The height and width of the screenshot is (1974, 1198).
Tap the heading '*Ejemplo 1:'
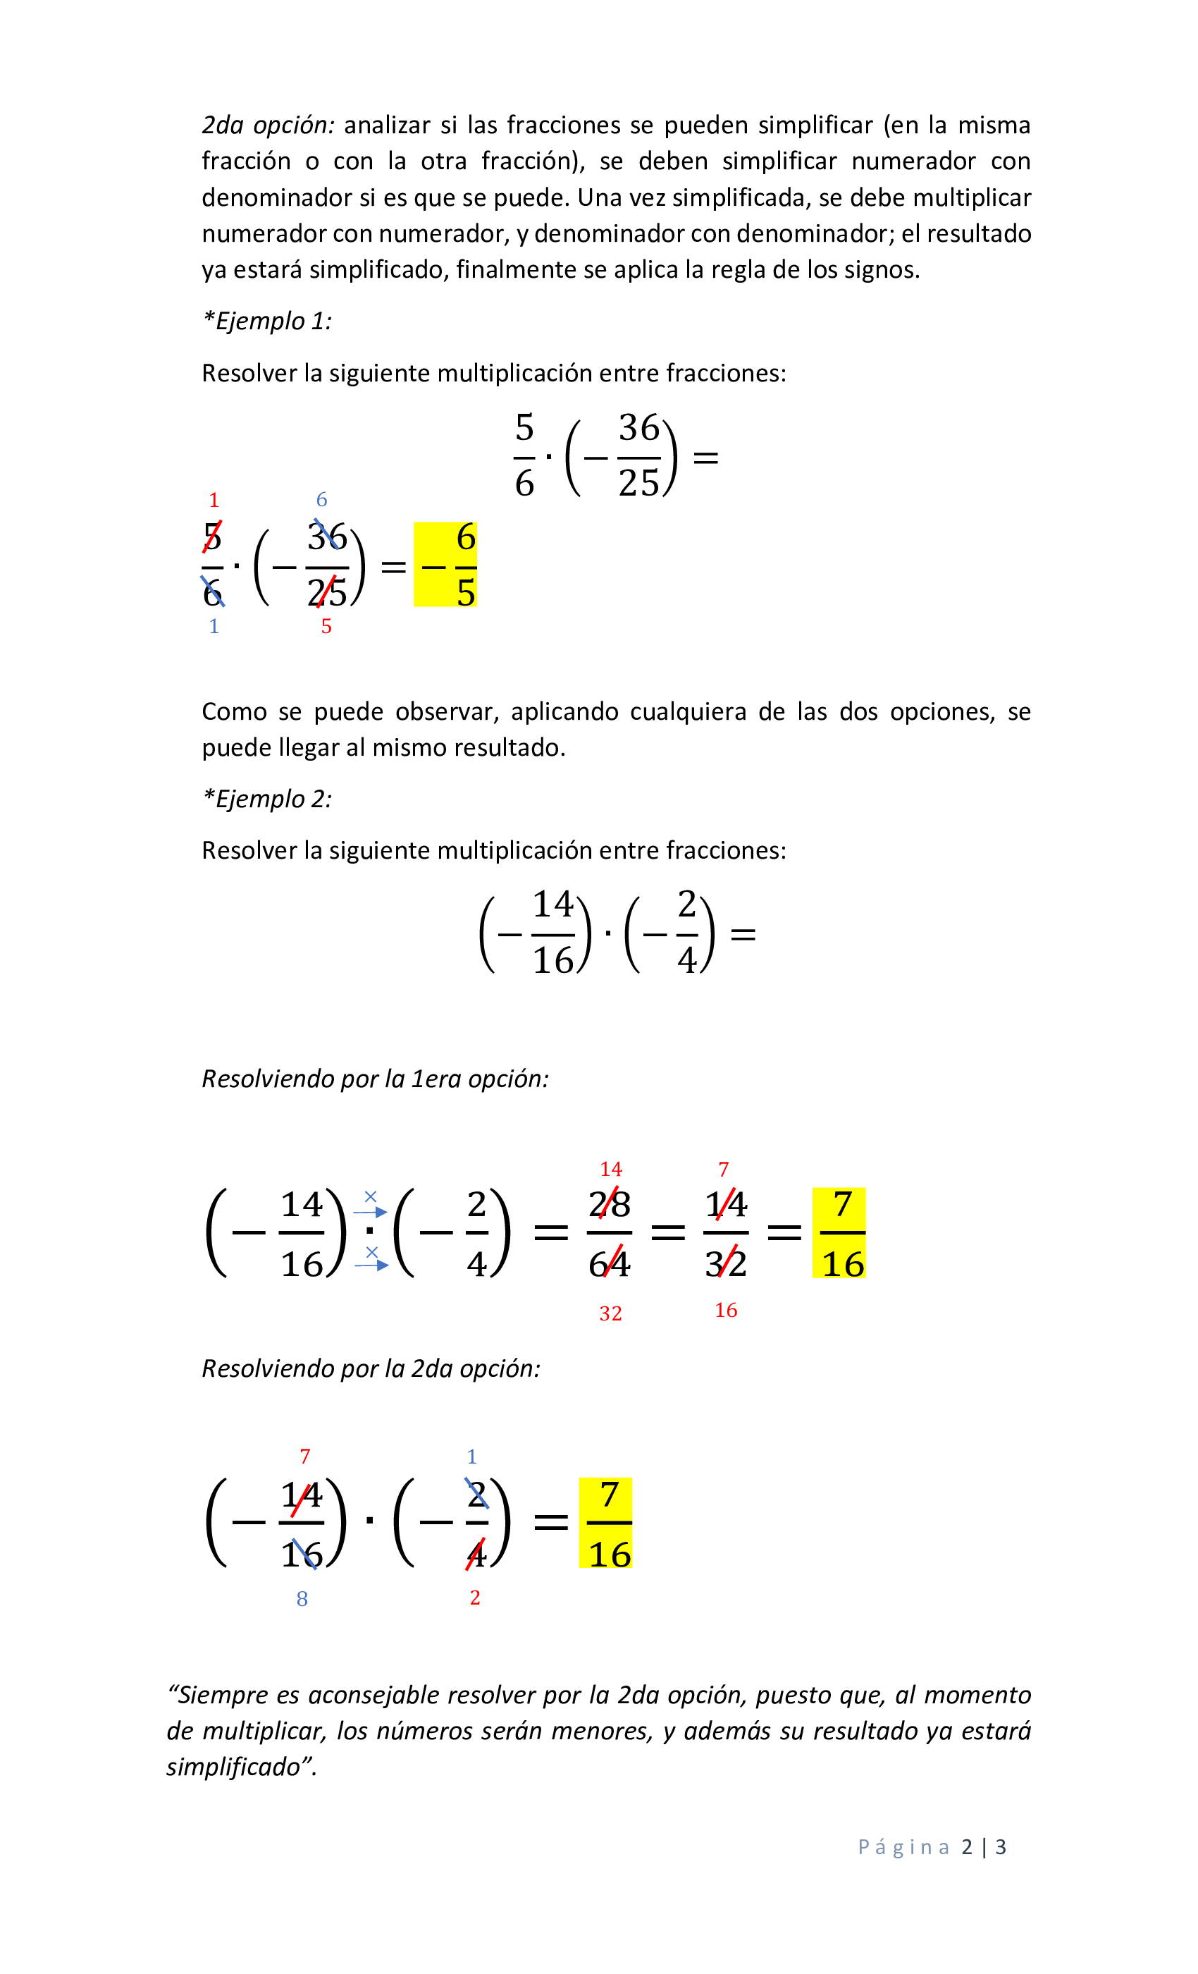click(266, 321)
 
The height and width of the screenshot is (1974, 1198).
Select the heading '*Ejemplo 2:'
click(266, 799)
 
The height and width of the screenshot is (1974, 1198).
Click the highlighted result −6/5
click(446, 565)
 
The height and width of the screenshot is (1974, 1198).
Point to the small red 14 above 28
click(611, 1170)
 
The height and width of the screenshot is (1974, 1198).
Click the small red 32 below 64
click(611, 1314)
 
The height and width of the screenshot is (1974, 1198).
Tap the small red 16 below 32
click(727, 1311)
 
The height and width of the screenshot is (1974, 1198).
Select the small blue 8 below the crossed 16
click(302, 1599)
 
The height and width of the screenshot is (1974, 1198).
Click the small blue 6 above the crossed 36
click(322, 500)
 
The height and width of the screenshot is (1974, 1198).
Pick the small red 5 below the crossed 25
click(326, 627)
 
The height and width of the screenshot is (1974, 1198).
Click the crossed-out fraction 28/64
click(610, 1234)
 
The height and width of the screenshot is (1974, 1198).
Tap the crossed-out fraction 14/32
click(727, 1234)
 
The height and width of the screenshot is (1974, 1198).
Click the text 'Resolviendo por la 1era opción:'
click(375, 1079)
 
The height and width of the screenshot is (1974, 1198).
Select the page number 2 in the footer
click(968, 1847)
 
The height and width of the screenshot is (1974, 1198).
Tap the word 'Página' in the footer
click(904, 1847)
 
